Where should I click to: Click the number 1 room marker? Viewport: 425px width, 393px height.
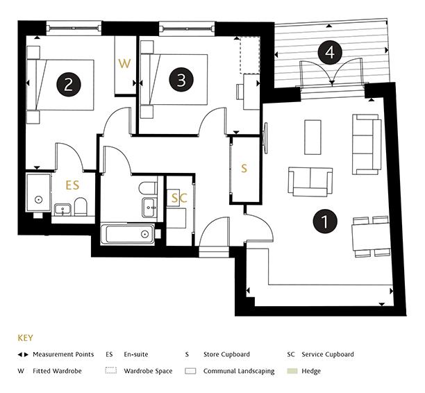tap(325, 221)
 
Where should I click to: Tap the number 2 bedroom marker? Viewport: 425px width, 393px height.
tap(69, 84)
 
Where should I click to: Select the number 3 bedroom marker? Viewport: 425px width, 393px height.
tap(181, 79)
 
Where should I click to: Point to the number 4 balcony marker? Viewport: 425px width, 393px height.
tap(330, 52)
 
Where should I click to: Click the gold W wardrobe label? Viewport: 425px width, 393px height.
tap(124, 63)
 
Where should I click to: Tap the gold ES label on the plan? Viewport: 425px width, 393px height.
tap(73, 185)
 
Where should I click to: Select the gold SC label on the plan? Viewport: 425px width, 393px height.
tap(179, 198)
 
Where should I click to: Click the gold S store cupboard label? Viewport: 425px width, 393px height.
tap(244, 168)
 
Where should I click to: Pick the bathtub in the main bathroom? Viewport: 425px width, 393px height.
tap(128, 234)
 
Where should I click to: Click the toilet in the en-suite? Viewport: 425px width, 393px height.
tap(81, 207)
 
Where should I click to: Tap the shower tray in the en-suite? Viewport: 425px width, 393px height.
tap(38, 193)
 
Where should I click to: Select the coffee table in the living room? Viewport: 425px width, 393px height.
tap(313, 137)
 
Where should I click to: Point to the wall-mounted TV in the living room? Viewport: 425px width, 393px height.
tap(266, 138)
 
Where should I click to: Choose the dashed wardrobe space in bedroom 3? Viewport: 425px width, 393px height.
tap(250, 56)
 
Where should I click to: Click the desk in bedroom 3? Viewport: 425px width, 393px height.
tap(251, 92)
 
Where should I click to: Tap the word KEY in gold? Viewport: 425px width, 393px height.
tap(26, 338)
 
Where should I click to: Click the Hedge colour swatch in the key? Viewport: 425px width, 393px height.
tap(292, 371)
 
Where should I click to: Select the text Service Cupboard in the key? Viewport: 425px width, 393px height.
tap(328, 354)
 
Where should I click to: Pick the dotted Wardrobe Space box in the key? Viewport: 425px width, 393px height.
tap(111, 371)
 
